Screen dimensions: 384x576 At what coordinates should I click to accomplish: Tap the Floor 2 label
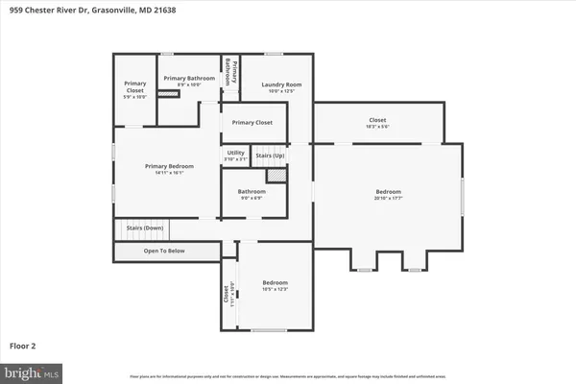[24, 344]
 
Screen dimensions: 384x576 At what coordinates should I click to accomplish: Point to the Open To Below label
[164, 251]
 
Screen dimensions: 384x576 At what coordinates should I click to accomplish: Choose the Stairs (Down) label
[140, 228]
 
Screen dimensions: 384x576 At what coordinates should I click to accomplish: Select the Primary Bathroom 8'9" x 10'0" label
[189, 81]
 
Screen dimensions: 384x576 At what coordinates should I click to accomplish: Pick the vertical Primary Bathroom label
[229, 72]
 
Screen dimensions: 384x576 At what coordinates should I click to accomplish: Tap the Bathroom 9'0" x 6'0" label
[252, 194]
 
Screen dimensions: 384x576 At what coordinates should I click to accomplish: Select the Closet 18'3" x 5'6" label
[376, 123]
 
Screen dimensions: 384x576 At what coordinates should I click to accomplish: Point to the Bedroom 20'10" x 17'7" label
[388, 195]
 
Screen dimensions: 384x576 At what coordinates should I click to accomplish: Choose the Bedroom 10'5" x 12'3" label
[276, 285]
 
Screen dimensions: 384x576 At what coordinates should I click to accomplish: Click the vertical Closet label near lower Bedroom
[228, 295]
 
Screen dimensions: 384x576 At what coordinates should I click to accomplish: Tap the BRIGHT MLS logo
[32, 371]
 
